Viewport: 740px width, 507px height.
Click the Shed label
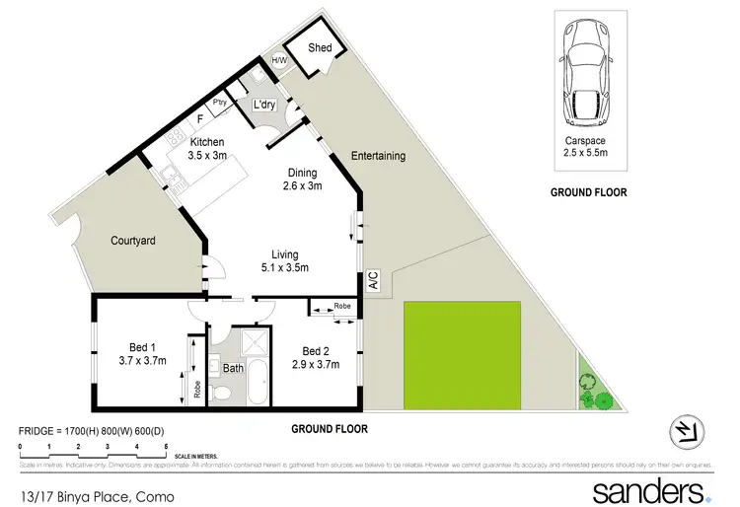(x=320, y=48)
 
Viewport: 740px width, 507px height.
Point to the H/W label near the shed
(x=279, y=61)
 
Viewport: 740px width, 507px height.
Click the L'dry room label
(x=263, y=105)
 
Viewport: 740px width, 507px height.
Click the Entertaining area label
(x=379, y=156)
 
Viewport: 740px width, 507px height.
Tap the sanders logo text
(x=646, y=490)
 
